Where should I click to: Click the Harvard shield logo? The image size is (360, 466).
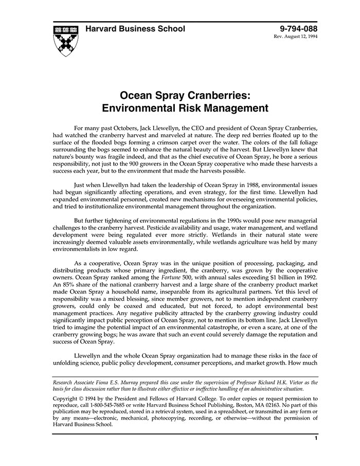pyautogui.click(x=65, y=40)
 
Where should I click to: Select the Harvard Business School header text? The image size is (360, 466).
pyautogui.click(x=135, y=29)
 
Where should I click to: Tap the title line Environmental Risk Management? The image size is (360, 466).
pyautogui.click(x=185, y=109)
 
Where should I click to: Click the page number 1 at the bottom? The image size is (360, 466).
pyautogui.click(x=316, y=438)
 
